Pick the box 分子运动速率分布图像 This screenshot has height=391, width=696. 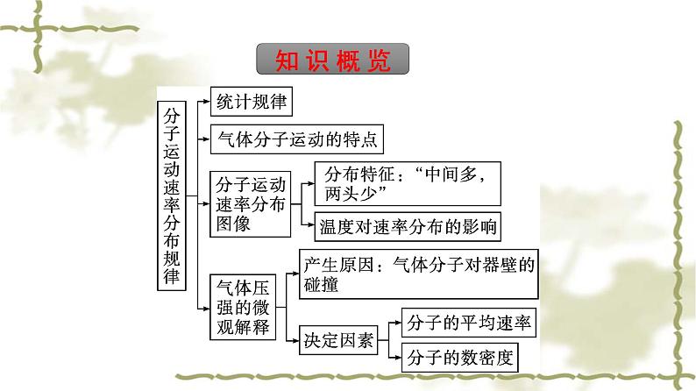(x=250, y=204)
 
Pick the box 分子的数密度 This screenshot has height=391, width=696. (x=458, y=357)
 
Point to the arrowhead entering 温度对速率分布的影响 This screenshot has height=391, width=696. (x=310, y=227)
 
